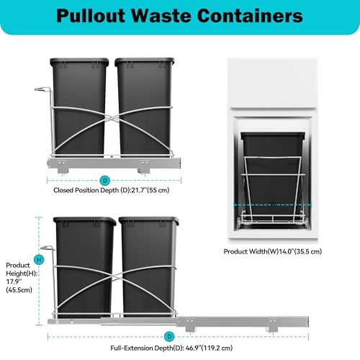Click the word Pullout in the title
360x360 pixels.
coord(91,16)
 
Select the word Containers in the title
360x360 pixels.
coord(250,16)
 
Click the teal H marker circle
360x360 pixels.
coord(39,260)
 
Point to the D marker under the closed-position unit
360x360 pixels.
coord(105,180)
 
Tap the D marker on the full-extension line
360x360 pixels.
coord(169,336)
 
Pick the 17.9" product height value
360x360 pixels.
coord(14,282)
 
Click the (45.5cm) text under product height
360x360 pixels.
coord(19,290)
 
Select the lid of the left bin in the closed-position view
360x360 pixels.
coord(79,62)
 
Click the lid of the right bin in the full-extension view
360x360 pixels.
coord(149,221)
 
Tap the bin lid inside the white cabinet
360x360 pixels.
coord(273,135)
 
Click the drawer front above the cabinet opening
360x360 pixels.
coord(273,84)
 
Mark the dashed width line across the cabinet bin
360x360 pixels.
coord(272,205)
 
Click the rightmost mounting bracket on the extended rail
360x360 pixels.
coord(273,325)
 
